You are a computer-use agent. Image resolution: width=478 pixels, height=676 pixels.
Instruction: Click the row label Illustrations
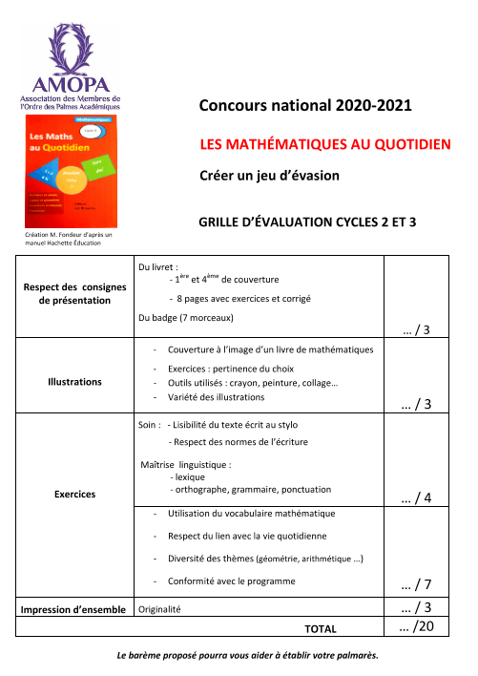(x=74, y=381)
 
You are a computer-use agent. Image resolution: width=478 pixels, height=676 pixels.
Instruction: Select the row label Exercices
(x=74, y=494)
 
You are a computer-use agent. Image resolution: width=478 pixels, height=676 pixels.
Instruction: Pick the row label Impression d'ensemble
(x=74, y=607)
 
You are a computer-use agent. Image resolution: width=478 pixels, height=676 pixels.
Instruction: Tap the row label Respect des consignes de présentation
(x=74, y=292)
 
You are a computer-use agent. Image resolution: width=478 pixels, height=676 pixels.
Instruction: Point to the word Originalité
(x=160, y=608)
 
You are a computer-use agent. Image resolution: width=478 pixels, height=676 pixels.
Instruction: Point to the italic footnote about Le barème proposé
(x=247, y=655)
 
